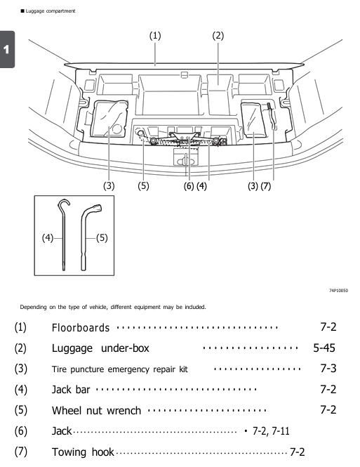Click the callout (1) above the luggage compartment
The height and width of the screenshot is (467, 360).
point(154,36)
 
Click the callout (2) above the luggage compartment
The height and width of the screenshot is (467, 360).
point(218,36)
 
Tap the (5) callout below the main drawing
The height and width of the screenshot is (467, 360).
point(144,186)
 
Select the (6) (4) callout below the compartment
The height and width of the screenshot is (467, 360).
point(196,186)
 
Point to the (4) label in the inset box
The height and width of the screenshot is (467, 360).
point(46,237)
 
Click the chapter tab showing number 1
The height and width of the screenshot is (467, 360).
point(7,50)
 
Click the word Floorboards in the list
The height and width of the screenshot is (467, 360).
point(81,327)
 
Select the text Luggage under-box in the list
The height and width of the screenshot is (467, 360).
point(100,348)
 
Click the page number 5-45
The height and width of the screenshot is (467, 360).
point(325,348)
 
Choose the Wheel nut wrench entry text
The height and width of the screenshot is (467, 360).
point(96,409)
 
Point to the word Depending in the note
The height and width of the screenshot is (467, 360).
point(34,306)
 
